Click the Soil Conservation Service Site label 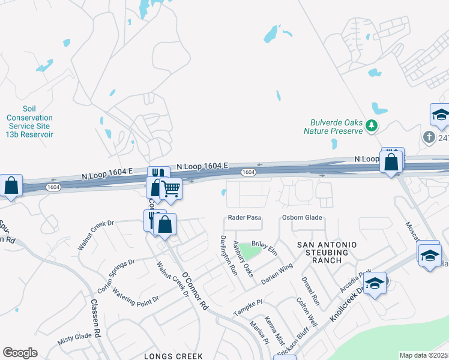(29, 122)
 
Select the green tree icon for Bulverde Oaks (373, 125)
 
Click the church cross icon (429, 137)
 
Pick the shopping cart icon (171, 189)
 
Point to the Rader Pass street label (244, 217)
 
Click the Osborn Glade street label (302, 217)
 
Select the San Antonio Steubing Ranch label (328, 253)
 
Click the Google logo (20, 353)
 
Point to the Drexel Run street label (310, 289)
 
